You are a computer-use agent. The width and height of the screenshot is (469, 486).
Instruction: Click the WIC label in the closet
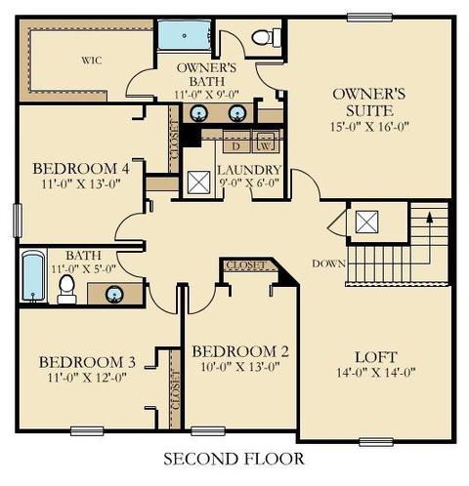click(92, 61)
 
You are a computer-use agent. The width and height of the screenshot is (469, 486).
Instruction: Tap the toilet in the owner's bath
click(266, 37)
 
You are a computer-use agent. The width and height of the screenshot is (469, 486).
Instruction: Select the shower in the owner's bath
click(185, 35)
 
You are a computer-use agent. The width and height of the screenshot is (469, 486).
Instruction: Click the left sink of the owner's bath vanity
click(199, 113)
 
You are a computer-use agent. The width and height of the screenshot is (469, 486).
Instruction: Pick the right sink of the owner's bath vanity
click(237, 113)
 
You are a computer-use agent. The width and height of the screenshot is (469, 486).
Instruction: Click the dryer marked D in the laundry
click(236, 142)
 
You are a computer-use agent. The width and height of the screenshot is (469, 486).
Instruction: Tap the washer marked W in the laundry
click(266, 142)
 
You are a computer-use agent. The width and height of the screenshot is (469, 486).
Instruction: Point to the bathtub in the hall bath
click(33, 276)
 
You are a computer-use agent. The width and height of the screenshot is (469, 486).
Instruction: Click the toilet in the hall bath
click(66, 289)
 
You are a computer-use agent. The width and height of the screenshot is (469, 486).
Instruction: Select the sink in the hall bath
click(114, 294)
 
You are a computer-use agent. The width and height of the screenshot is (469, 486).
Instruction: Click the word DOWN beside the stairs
click(328, 263)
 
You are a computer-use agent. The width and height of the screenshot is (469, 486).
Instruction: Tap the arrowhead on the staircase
click(430, 217)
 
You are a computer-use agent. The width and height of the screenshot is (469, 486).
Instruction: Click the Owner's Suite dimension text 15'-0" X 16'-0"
click(369, 127)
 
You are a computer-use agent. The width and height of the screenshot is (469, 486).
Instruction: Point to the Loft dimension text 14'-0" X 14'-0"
click(375, 372)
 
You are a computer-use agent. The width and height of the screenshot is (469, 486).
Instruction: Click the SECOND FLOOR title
click(234, 459)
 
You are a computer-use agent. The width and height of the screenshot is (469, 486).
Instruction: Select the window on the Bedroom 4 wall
click(18, 221)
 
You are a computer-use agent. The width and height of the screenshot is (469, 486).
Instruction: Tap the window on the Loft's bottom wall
click(376, 442)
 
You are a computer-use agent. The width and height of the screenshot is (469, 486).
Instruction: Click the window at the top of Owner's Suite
click(369, 18)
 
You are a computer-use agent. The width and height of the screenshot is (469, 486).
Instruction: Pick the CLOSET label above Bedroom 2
click(246, 265)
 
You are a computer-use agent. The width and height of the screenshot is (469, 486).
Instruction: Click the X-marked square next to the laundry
click(199, 182)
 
